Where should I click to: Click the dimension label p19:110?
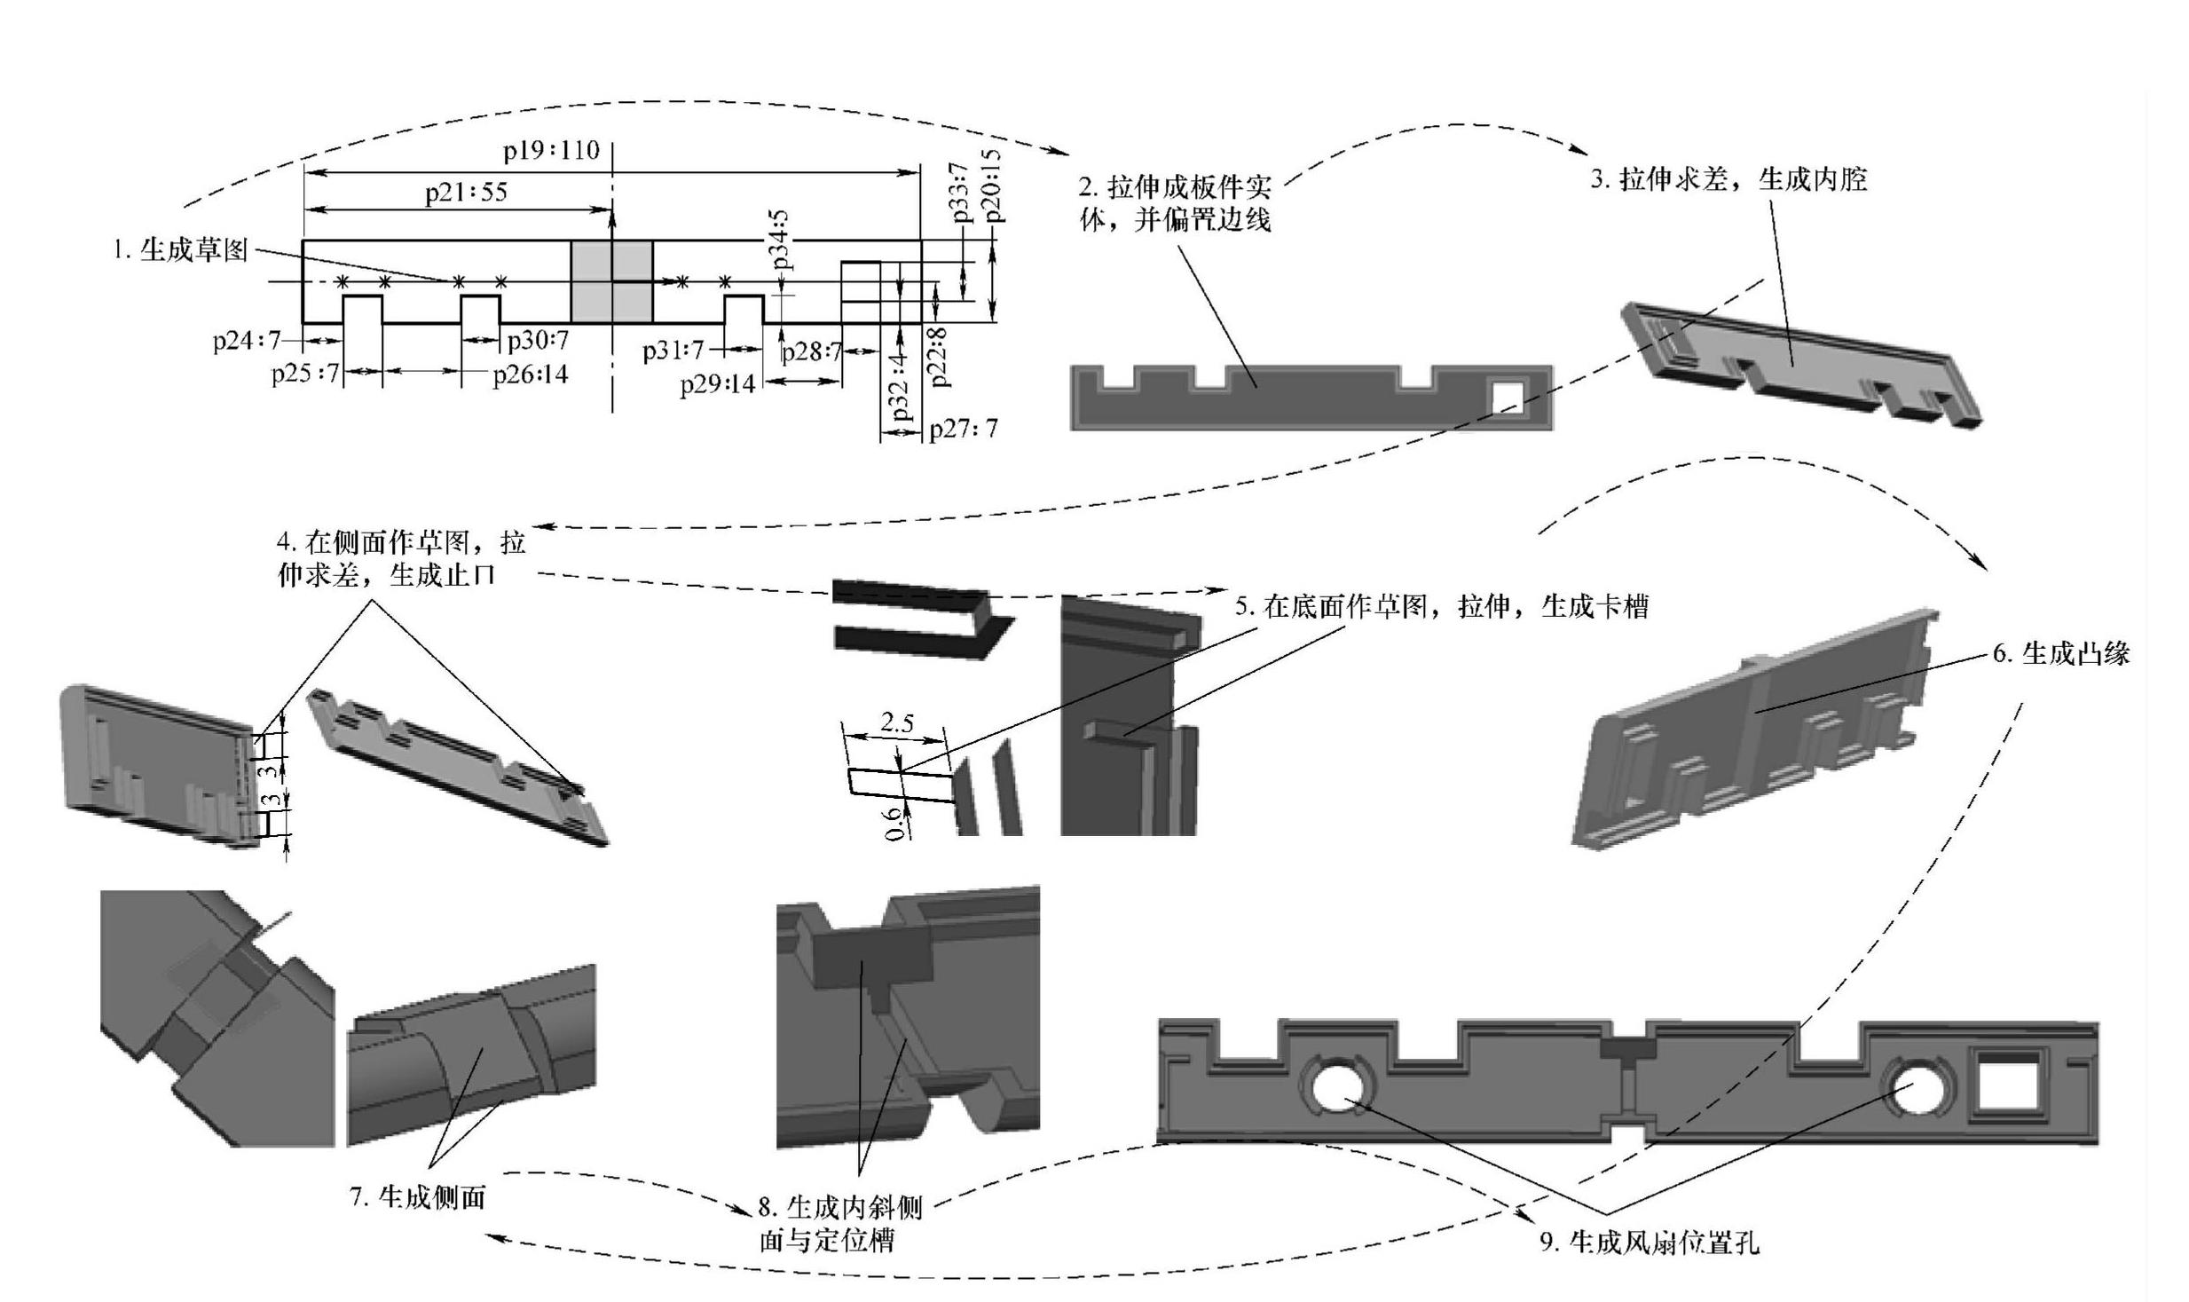pos(551,150)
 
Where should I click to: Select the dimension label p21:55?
pos(466,193)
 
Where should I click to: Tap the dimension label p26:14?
pos(531,375)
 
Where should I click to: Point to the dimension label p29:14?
pos(717,384)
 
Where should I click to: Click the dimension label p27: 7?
pos(964,430)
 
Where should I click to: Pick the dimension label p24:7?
pos(247,341)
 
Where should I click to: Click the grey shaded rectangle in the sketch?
pos(610,281)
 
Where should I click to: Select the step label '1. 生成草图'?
pos(180,250)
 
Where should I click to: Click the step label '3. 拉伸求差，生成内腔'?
pos(1728,179)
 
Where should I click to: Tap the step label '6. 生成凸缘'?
pos(2061,654)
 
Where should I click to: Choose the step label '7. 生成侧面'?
pos(419,1197)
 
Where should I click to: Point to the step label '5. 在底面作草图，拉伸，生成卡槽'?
pos(1442,607)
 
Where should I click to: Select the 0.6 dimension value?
pos(897,822)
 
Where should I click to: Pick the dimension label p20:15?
pos(993,186)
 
